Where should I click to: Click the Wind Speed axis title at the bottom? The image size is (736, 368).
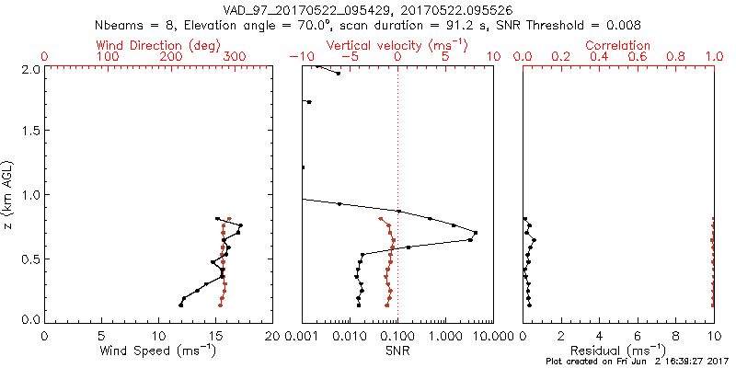pos(158,350)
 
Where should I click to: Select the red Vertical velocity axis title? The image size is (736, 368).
pos(397,45)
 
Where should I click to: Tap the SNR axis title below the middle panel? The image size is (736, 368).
pos(397,350)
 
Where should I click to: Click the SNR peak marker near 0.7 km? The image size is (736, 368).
pos(476,232)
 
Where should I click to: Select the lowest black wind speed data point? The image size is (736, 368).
pos(180,305)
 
